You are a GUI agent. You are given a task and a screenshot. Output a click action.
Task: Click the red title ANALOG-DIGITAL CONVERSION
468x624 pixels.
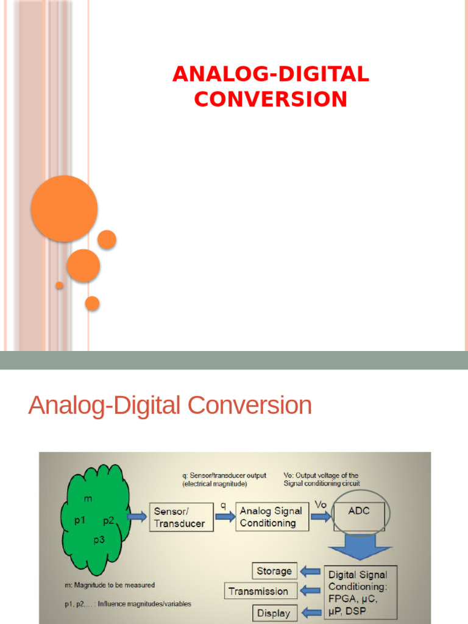pyautogui.click(x=271, y=87)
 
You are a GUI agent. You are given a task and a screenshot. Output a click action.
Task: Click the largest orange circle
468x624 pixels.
pyautogui.click(x=64, y=208)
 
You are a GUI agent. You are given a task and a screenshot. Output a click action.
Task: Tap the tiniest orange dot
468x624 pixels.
pyautogui.click(x=60, y=285)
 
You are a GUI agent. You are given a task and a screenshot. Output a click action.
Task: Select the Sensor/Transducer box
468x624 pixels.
pyautogui.click(x=181, y=517)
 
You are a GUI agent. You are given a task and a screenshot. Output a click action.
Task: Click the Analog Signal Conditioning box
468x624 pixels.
pyautogui.click(x=271, y=517)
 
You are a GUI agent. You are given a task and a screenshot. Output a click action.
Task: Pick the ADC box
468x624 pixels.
pyautogui.click(x=359, y=516)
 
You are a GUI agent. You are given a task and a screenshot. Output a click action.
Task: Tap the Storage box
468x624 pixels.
pyautogui.click(x=274, y=571)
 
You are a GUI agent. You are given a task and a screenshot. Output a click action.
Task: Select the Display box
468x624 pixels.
pyautogui.click(x=274, y=613)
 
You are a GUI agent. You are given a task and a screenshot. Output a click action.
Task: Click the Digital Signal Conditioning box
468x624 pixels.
pyautogui.click(x=361, y=590)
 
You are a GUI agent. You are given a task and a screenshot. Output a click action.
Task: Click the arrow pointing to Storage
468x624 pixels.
pyautogui.click(x=311, y=571)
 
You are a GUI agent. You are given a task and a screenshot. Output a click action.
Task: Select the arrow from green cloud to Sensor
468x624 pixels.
pyautogui.click(x=137, y=517)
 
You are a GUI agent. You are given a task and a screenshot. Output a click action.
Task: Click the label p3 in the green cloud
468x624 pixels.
pyautogui.click(x=99, y=539)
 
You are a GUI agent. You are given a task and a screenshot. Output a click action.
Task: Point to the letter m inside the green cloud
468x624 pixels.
pyautogui.click(x=88, y=500)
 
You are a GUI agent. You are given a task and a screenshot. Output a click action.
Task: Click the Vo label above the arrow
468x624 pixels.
pyautogui.click(x=321, y=505)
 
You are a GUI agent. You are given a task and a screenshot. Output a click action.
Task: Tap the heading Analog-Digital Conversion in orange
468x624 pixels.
pyautogui.click(x=170, y=406)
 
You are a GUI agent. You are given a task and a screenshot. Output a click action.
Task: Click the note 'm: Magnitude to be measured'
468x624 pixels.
pyautogui.click(x=110, y=585)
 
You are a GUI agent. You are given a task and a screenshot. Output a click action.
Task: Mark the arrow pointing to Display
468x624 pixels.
pyautogui.click(x=311, y=612)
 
